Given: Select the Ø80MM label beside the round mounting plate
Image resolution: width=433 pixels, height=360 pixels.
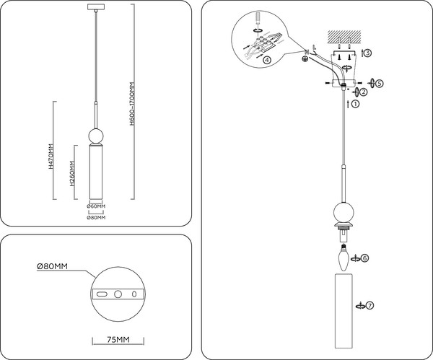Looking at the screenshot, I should tap(52, 266).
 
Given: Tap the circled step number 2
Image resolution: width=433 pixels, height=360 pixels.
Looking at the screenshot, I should tap(363, 92).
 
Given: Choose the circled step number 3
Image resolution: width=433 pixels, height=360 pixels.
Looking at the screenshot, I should tap(367, 53).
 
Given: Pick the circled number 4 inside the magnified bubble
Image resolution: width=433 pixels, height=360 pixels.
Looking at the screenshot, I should tap(267, 61).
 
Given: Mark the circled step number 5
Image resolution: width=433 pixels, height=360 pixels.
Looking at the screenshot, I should tap(380, 83).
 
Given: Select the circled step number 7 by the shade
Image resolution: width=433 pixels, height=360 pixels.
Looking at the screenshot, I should tap(369, 306).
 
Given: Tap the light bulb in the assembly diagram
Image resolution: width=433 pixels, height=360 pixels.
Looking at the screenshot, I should tap(344, 255).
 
